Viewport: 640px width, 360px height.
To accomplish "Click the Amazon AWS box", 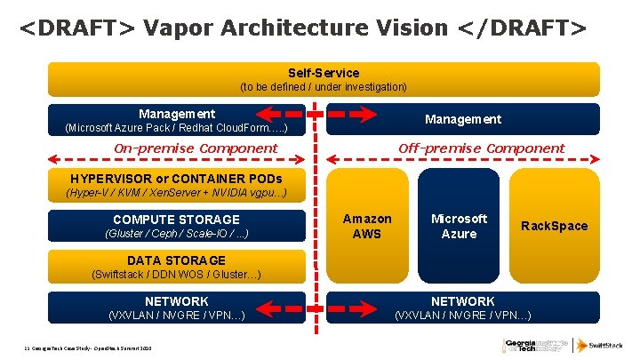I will click(367, 226).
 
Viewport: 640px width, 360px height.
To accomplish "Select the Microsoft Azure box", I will click(459, 226).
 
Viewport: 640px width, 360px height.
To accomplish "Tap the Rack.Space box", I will click(554, 226).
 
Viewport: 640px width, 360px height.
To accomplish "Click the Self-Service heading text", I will click(324, 72).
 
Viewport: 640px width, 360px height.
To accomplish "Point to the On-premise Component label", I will click(196, 148).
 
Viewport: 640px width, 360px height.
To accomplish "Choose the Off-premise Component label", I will click(481, 148).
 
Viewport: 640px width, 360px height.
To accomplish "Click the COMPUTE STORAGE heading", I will click(176, 219).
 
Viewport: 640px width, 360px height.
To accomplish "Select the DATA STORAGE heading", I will click(176, 260).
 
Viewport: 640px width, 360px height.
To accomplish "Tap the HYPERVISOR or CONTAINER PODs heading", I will click(176, 178).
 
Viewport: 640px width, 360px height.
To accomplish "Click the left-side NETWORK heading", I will click(176, 301).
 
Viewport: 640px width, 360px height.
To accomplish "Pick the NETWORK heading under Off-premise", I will click(462, 301).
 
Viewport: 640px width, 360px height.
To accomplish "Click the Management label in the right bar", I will click(462, 119).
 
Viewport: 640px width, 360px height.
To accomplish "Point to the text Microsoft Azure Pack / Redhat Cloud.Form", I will click(176, 128).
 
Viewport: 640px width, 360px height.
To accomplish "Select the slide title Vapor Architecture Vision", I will click(302, 28).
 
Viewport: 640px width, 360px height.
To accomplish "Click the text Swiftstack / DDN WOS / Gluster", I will click(176, 275).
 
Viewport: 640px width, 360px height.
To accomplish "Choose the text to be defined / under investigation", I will click(324, 86).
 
